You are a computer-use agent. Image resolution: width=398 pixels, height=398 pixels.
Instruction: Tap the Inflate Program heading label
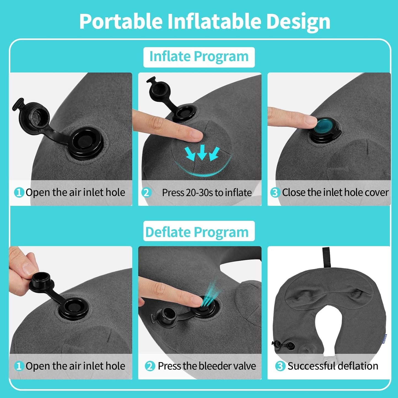point(199,57)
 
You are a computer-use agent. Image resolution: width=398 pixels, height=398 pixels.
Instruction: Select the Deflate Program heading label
point(197,232)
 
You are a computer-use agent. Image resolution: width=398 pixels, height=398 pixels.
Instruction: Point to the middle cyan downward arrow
point(202,152)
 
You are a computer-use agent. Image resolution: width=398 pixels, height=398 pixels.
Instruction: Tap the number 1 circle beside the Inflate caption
point(19,192)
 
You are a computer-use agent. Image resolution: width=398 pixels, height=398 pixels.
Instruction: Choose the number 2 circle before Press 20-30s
point(147,192)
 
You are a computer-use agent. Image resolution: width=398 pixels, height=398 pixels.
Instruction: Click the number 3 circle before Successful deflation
point(280,366)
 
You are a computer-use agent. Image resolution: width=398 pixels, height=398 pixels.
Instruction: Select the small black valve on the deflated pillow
point(284,344)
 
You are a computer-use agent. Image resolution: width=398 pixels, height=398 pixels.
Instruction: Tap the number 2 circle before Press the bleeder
point(150,366)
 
